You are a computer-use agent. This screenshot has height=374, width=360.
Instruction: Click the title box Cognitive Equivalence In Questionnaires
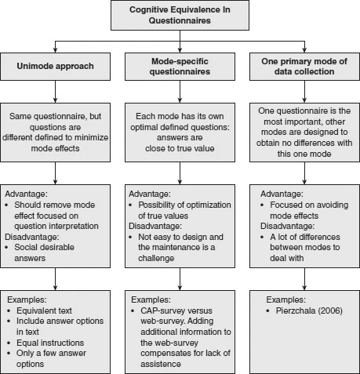[180, 15]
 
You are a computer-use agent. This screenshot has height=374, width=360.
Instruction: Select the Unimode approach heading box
[55, 67]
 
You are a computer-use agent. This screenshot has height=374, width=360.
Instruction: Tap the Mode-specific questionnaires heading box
[180, 67]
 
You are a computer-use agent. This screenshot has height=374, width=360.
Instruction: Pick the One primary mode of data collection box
[304, 67]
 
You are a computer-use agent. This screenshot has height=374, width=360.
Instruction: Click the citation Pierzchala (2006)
[309, 310]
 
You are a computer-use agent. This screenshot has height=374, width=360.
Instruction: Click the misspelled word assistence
[161, 364]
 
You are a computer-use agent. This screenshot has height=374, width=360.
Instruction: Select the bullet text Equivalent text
[44, 310]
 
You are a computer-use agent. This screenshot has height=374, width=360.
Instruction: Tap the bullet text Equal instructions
[50, 343]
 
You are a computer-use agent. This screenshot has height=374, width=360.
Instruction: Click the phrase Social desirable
[44, 247]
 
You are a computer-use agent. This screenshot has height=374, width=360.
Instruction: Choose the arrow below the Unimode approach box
[55, 92]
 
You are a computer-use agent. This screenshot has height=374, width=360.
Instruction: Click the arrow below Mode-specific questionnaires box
[180, 92]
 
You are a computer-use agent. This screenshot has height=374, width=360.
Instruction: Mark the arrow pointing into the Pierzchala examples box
[304, 279]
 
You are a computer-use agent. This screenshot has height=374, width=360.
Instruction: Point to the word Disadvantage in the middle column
[155, 226]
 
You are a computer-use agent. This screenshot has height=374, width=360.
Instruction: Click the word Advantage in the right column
[281, 194]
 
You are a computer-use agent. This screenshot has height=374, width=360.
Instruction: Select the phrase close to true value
[180, 148]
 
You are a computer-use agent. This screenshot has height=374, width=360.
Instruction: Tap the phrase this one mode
[304, 154]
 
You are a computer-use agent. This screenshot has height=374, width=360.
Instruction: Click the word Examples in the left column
[26, 300]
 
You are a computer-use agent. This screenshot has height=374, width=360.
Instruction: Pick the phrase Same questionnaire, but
[55, 116]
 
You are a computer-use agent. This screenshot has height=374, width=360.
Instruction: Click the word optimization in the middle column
[212, 205]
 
